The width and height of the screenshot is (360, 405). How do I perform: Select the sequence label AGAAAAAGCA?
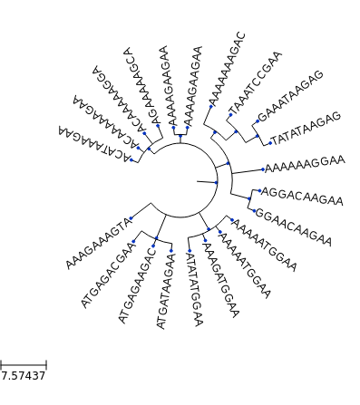tap(143, 85)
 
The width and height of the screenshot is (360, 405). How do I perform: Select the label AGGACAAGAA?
tap(302, 196)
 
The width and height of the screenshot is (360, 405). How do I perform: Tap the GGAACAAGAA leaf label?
tap(293, 227)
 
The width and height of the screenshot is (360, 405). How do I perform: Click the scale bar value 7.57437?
tap(23, 375)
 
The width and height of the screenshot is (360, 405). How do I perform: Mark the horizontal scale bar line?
tap(23, 363)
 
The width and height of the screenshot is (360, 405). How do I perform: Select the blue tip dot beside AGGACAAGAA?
tap(259, 191)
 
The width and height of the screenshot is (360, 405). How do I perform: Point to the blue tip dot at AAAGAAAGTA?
tap(131, 218)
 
